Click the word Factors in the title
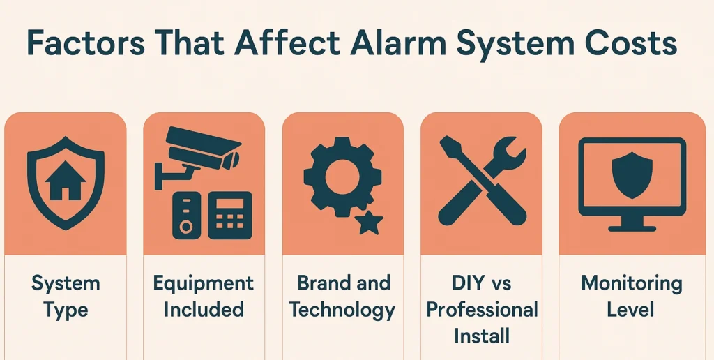coord(86,43)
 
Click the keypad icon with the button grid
coord(230,215)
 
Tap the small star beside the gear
coord(368,222)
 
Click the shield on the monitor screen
coord(632,175)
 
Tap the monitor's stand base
coord(632,228)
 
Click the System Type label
coord(66,297)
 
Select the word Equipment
coord(203,283)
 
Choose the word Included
coord(204,310)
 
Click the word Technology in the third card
coord(342,310)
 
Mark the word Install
coord(482,336)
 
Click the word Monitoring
coord(632,284)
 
